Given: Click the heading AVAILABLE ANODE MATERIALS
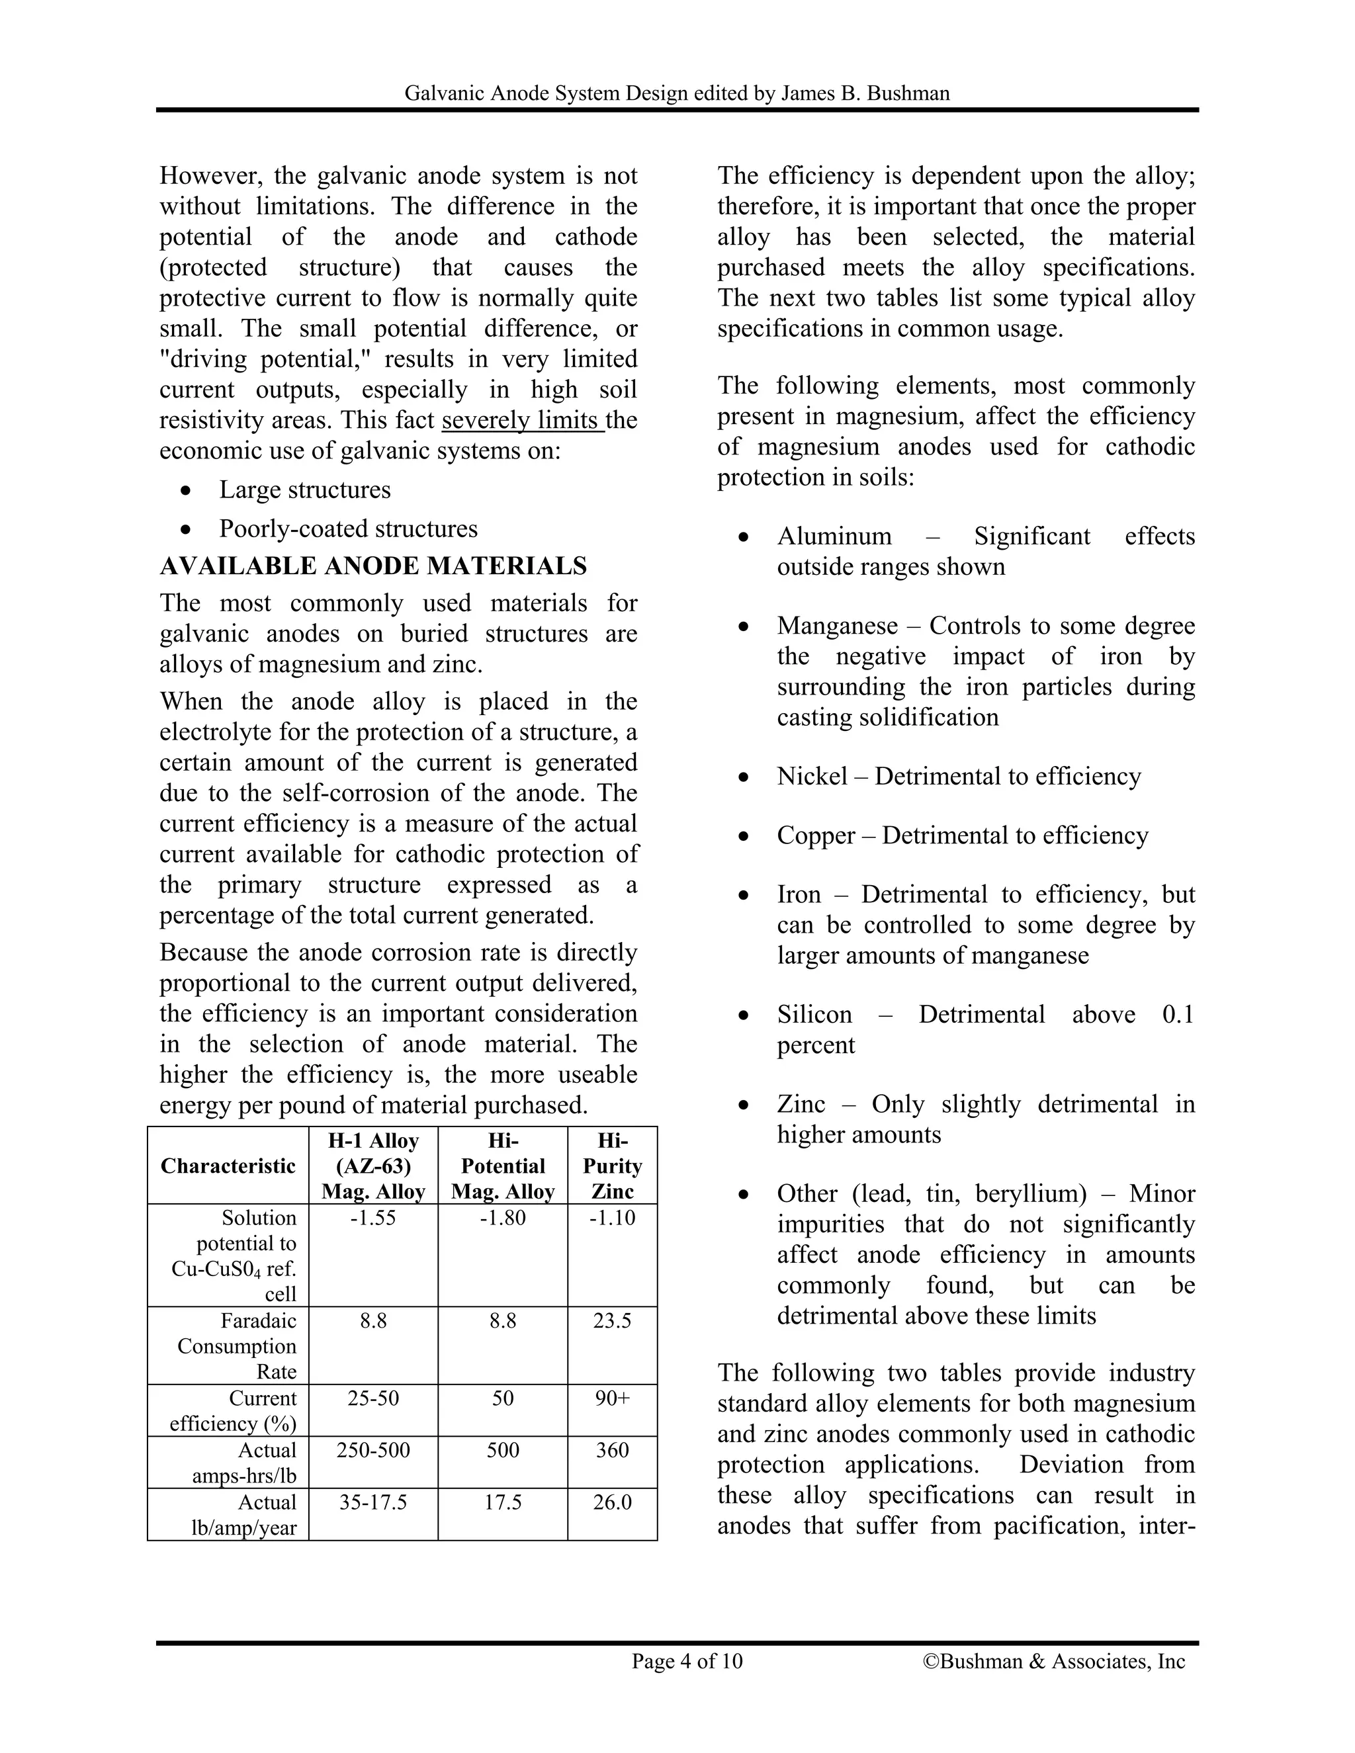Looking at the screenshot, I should (373, 566).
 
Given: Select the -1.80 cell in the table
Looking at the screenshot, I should (503, 1218).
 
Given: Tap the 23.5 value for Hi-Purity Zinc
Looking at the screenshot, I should (612, 1320).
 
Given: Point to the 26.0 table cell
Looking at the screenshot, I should (612, 1502).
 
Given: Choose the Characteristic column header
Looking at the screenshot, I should (228, 1166).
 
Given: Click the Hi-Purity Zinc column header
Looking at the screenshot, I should (612, 1166).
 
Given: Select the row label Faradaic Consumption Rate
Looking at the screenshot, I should (237, 1346).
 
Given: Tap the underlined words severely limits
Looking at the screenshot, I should (522, 420).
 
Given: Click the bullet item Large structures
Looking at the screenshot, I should (305, 490).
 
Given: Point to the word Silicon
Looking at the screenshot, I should (814, 1015).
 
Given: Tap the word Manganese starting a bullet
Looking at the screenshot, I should (836, 625).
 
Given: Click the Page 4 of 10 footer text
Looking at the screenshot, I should (687, 1660).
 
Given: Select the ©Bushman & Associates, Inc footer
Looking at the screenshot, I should (1053, 1660).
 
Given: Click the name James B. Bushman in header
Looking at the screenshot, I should (865, 93).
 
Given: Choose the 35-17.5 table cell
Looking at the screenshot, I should (373, 1502).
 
